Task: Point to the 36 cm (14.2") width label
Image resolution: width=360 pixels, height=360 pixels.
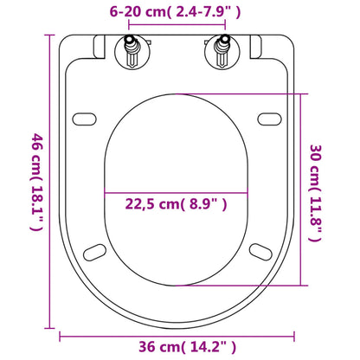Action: point(179,345)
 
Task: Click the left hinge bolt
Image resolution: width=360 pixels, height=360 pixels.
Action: point(133,55)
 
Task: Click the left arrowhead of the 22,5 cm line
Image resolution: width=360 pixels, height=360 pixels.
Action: point(106,191)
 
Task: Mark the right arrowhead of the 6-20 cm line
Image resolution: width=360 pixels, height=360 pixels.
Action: point(227,28)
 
